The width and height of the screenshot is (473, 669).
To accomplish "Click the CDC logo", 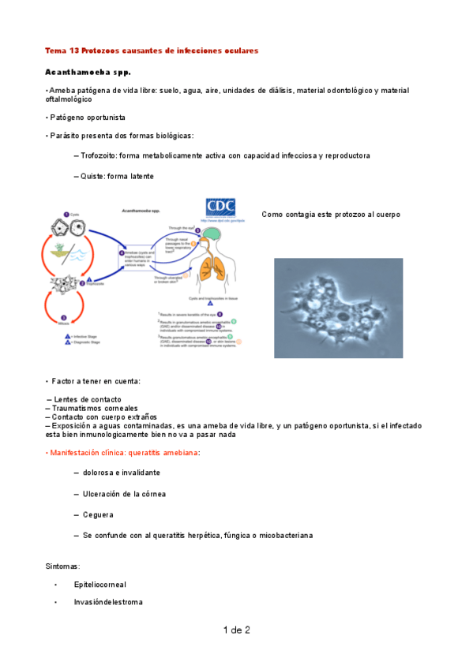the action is (x=220, y=207).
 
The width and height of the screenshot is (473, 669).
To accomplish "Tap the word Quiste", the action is (x=92, y=175).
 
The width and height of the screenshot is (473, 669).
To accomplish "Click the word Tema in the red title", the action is (x=56, y=50).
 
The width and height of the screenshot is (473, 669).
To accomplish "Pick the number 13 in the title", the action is (x=76, y=50).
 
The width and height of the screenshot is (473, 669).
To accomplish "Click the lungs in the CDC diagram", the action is (x=211, y=269).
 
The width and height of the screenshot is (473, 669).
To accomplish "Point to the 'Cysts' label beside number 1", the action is (x=74, y=215).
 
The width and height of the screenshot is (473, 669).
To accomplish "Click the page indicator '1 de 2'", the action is (x=236, y=630).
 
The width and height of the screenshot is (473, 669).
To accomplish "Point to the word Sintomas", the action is (x=63, y=566).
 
